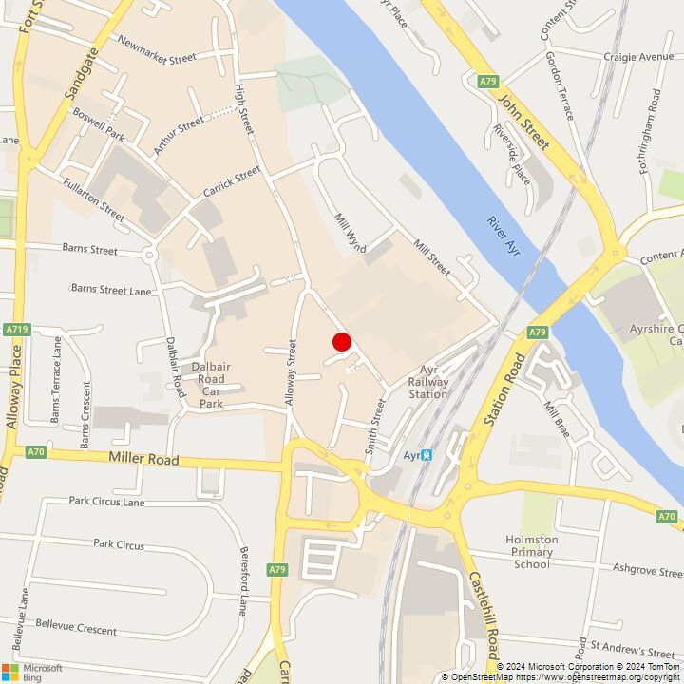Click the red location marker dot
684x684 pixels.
342,342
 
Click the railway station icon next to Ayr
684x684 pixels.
427,455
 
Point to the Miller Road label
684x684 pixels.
143,458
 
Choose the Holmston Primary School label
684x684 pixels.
531,551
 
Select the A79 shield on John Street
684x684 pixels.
488,82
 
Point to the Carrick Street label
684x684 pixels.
231,182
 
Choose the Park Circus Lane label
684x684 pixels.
106,501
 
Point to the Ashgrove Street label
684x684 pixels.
648,573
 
